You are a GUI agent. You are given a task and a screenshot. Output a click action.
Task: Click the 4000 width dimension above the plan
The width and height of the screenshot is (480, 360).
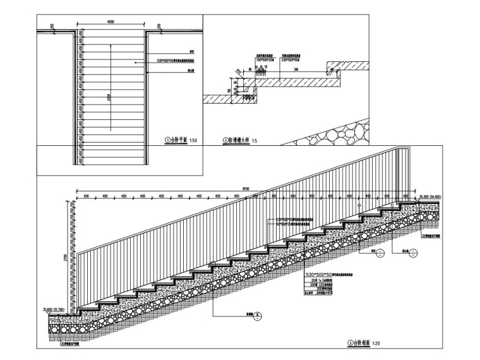coord(111,23)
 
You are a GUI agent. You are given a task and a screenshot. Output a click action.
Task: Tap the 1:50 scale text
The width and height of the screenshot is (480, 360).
coord(194,140)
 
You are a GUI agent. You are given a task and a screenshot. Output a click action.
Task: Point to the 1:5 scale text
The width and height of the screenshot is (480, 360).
coord(255,140)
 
